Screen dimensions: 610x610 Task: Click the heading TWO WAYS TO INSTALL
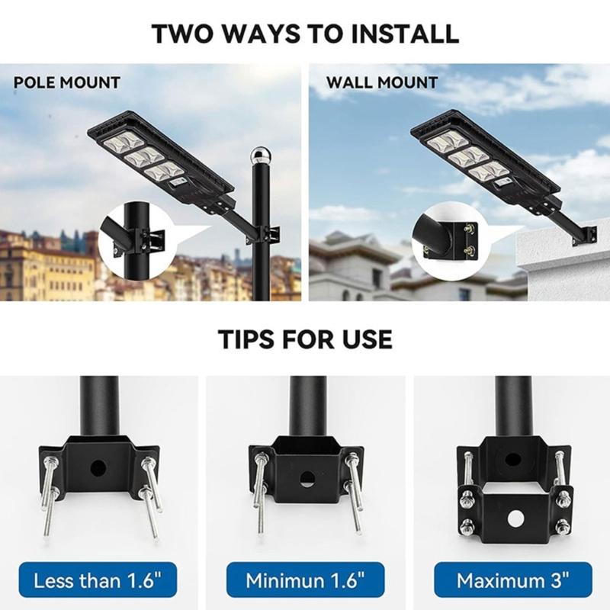(x=305, y=34)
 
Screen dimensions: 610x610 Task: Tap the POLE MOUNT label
(x=67, y=82)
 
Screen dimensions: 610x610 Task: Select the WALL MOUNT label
(x=382, y=82)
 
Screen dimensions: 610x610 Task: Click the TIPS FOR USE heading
(x=305, y=339)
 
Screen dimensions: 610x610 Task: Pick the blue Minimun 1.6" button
(x=305, y=579)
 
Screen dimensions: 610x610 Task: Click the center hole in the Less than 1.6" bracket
(x=99, y=465)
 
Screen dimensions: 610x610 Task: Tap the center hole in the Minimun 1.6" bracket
(x=306, y=480)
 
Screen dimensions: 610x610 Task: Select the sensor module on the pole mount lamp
(x=180, y=183)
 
